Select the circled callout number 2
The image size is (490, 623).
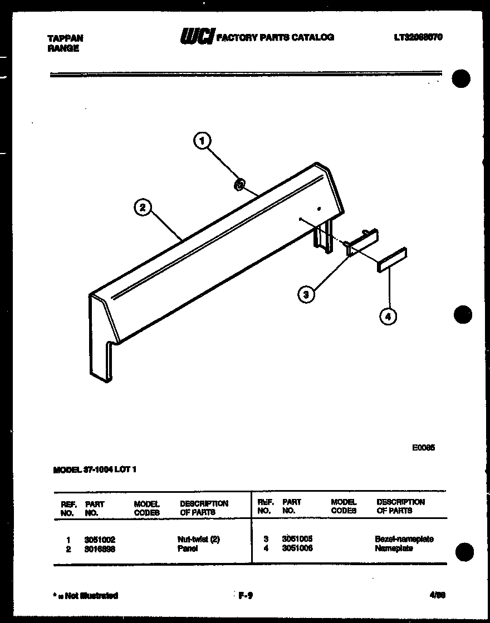[x=143, y=207]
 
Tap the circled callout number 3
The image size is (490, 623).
[x=306, y=294]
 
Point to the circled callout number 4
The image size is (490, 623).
[x=388, y=317]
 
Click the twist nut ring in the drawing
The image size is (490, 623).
[x=239, y=185]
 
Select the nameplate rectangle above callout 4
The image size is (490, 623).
[x=391, y=260]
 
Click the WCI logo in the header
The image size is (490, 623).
[x=196, y=37]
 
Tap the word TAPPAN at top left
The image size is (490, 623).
[x=66, y=38]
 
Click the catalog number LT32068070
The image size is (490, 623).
[x=418, y=37]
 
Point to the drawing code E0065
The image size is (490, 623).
[x=423, y=447]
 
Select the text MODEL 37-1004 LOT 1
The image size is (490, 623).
[x=95, y=469]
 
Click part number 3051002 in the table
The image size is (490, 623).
[x=100, y=540]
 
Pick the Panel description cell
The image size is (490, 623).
[x=187, y=548]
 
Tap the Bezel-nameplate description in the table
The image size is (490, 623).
[x=404, y=539]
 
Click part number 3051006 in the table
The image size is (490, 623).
[x=297, y=548]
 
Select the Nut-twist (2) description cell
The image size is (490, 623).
[x=198, y=540]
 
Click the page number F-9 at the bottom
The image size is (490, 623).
[x=246, y=596]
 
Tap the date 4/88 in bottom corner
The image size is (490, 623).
[x=437, y=595]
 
